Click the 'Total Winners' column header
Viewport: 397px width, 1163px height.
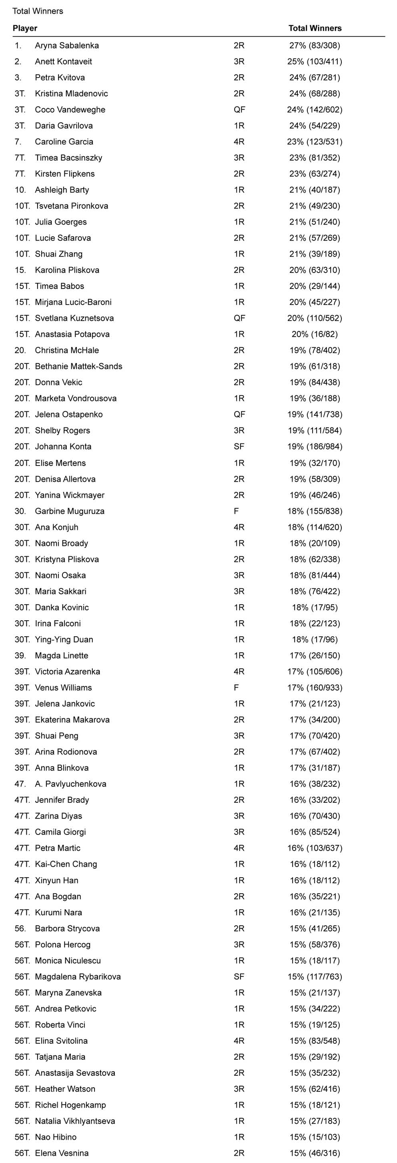pyautogui.click(x=315, y=28)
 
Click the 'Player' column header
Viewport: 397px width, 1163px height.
pyautogui.click(x=25, y=28)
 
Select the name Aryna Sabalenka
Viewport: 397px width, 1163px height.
pyautogui.click(x=67, y=45)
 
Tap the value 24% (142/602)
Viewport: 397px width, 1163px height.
pyautogui.click(x=315, y=109)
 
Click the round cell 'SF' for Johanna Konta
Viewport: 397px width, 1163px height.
pyautogui.click(x=239, y=446)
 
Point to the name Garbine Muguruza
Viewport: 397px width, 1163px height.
pyautogui.click(x=70, y=511)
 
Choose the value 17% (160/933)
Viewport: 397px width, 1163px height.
pyautogui.click(x=315, y=687)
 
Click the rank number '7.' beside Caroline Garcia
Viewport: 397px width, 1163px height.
pyautogui.click(x=18, y=141)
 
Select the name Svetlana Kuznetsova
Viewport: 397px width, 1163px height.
pyautogui.click(x=74, y=318)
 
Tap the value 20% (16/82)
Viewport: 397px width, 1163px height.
pyautogui.click(x=315, y=334)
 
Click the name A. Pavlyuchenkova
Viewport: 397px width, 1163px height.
pyautogui.click(x=71, y=783)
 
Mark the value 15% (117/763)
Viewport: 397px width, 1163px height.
pyautogui.click(x=315, y=976)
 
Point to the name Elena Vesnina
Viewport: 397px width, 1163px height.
pyautogui.click(x=62, y=1153)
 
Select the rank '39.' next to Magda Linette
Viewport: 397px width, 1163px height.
pyautogui.click(x=20, y=655)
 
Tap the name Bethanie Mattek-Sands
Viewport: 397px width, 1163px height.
pyautogui.click(x=78, y=366)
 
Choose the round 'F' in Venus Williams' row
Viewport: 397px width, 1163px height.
pyautogui.click(x=236, y=687)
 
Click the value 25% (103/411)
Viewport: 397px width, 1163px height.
pyautogui.click(x=315, y=61)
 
